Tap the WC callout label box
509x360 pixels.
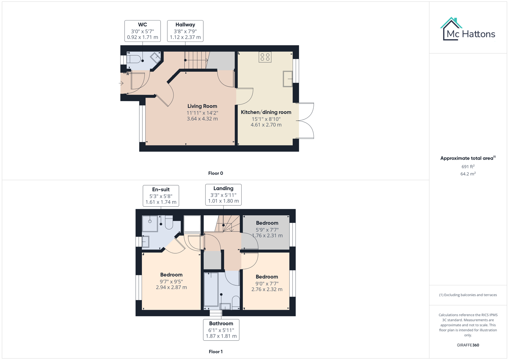point(142,31)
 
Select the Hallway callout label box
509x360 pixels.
point(185,31)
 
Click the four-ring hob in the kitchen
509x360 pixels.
point(265,57)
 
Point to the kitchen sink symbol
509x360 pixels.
point(288,79)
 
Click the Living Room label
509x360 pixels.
point(202,106)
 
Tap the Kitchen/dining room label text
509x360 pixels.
point(266,112)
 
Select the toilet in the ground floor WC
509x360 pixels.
point(134,59)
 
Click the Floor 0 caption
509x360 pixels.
point(215,173)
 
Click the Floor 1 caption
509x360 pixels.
point(215,352)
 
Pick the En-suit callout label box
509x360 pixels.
point(161,196)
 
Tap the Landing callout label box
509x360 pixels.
point(223,195)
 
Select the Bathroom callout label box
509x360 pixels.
point(221,330)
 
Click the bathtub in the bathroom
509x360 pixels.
point(211,289)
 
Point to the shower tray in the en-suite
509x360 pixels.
point(150,223)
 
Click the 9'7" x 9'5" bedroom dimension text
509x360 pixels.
point(171,282)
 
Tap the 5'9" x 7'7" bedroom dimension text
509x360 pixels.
point(267,230)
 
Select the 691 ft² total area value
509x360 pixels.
point(468,167)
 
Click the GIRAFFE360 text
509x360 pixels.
point(468,345)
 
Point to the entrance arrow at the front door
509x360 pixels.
point(121,83)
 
